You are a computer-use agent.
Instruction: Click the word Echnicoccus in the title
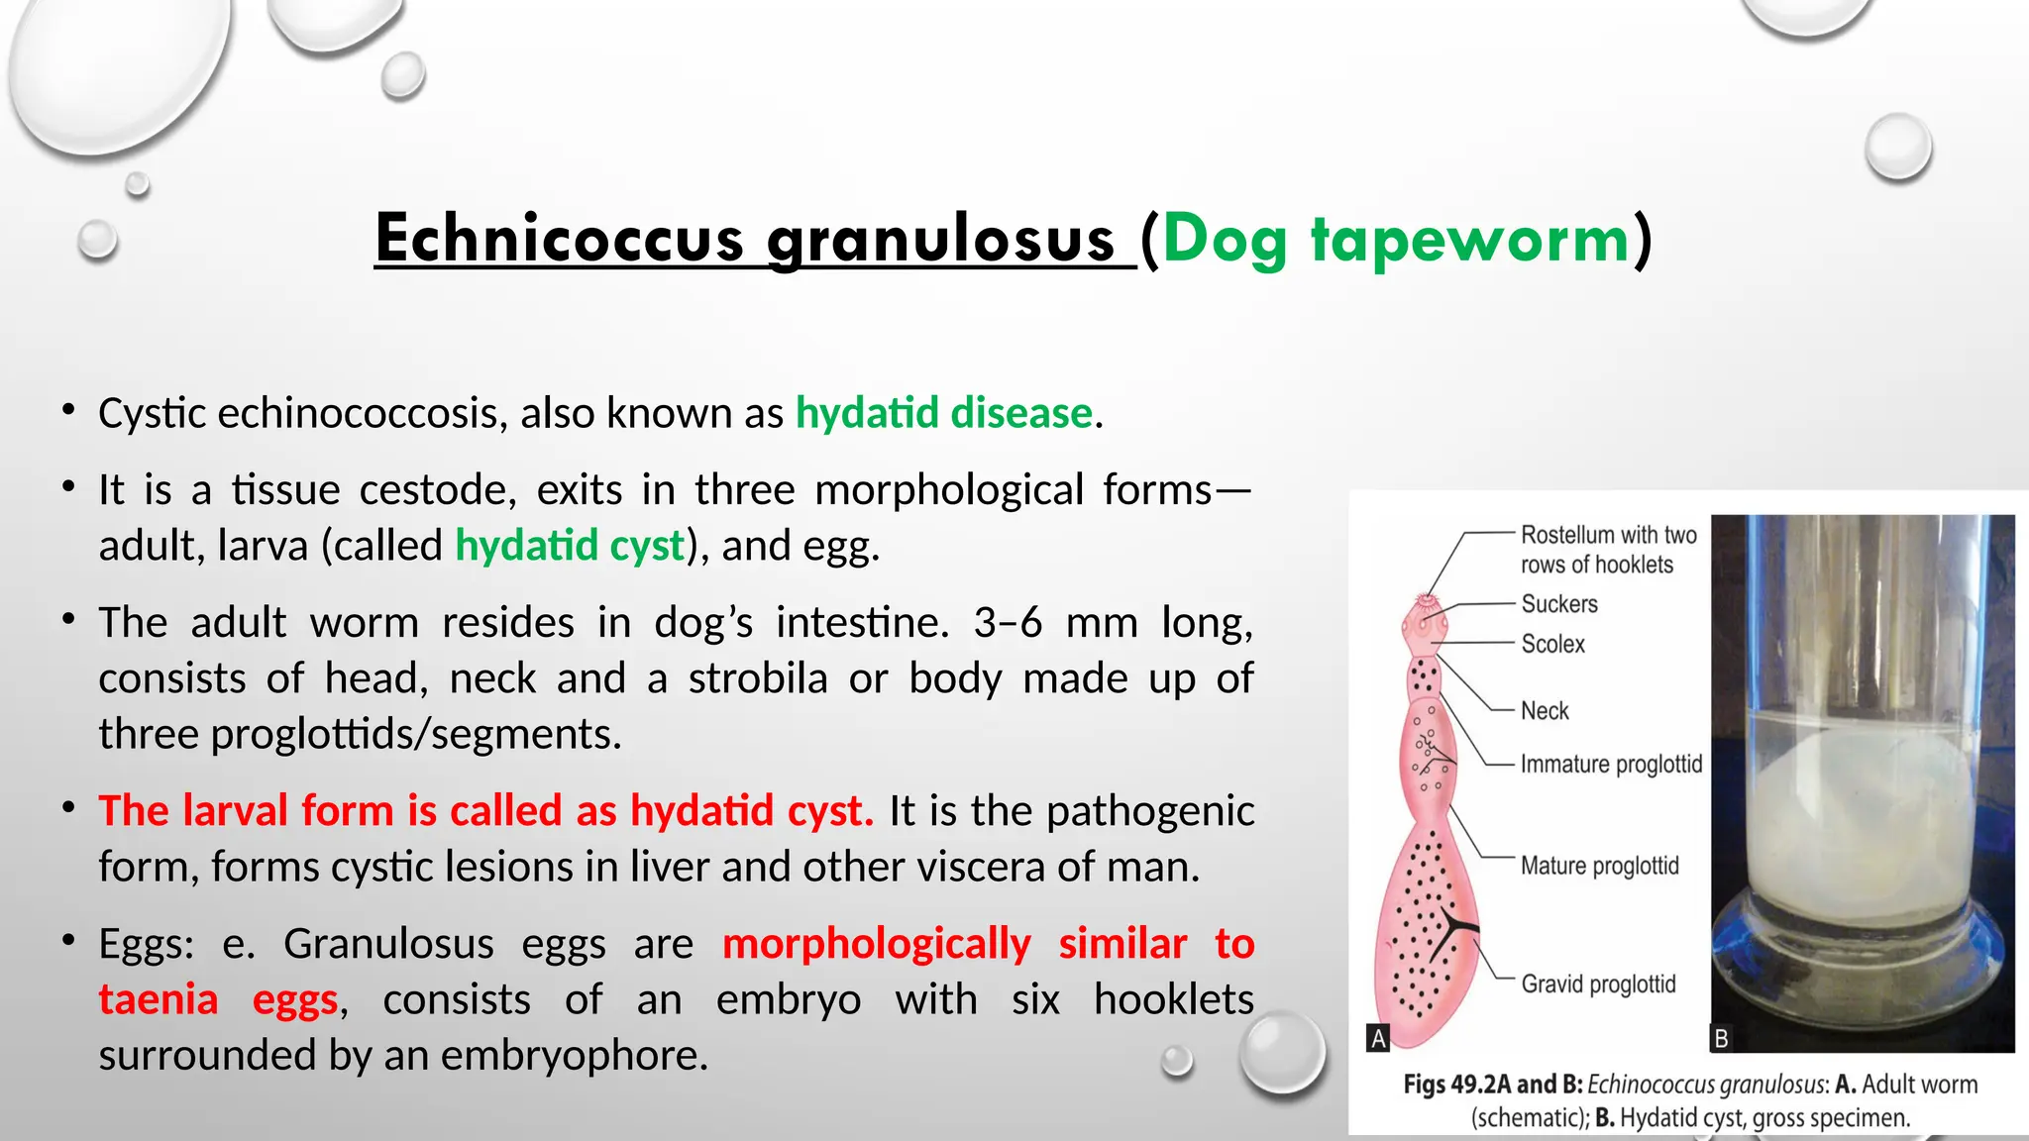(x=558, y=240)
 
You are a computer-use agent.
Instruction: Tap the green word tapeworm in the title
(x=1470, y=240)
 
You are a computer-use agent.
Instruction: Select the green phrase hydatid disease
(x=943, y=413)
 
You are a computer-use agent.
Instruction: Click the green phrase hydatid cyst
(x=570, y=546)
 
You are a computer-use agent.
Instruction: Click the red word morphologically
(x=876, y=944)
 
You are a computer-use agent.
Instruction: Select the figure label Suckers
(x=1558, y=604)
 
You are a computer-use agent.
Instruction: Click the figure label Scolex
(x=1552, y=644)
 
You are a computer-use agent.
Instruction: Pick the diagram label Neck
(x=1545, y=711)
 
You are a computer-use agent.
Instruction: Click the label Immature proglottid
(x=1611, y=765)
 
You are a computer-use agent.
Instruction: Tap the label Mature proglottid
(x=1599, y=866)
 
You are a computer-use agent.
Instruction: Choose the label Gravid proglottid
(x=1598, y=985)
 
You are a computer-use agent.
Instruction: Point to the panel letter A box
(x=1377, y=1038)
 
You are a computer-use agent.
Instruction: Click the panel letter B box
(x=1722, y=1039)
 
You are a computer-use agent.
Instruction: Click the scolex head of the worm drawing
(x=1425, y=623)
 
